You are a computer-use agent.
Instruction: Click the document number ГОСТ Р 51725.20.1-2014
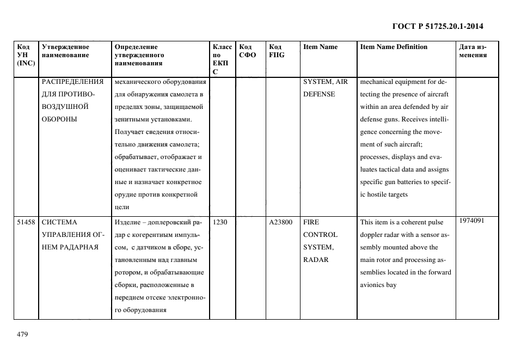coord(438,26)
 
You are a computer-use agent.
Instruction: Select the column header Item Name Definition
coord(394,47)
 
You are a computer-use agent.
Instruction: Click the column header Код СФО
coord(247,51)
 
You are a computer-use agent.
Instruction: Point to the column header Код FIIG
coord(277,51)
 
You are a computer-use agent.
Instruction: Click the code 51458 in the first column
coord(26,222)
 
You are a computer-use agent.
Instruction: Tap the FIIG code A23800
coord(281,222)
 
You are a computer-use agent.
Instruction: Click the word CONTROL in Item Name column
coord(320,235)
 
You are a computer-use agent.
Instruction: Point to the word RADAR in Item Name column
coord(316,260)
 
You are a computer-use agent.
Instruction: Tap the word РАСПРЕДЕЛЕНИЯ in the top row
coord(73,82)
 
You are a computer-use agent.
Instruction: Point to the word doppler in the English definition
coord(373,235)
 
